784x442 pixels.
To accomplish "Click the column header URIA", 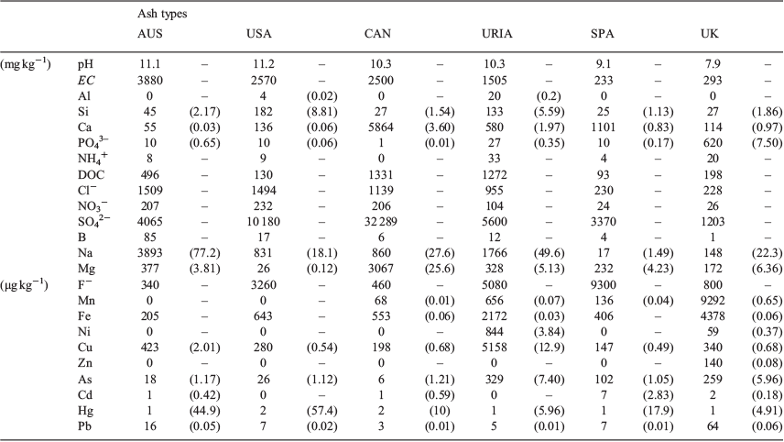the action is point(496,34).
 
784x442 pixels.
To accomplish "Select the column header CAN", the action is point(377,34).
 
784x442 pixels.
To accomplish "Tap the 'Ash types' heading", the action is point(162,14).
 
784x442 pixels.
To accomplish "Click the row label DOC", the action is point(91,175).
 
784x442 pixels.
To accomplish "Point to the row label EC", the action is point(86,80).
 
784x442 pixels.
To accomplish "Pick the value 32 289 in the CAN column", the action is point(380,221).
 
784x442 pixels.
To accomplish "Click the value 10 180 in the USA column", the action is point(263,221).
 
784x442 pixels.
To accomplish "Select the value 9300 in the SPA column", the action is point(604,285).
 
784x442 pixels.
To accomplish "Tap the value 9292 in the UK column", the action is point(713,301).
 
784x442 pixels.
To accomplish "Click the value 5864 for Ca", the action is point(380,127).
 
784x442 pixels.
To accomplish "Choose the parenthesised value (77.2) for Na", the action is point(204,253).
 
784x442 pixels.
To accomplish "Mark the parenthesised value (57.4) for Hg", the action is point(321,411).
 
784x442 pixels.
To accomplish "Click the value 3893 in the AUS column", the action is point(149,253).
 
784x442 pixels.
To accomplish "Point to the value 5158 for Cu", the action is point(494,348).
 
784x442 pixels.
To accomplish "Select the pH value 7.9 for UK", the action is point(713,64).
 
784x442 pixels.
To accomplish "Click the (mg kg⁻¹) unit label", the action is point(26,64).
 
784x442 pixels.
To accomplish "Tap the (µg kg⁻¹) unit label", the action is point(24,286).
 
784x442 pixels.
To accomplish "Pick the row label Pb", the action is point(84,426).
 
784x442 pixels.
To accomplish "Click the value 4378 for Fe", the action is point(713,315).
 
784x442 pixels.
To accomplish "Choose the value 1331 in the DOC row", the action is point(380,175).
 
